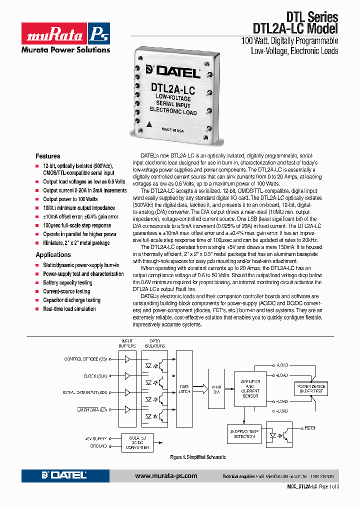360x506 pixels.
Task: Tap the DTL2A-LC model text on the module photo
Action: (x=172, y=89)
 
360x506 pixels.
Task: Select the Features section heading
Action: (x=47, y=156)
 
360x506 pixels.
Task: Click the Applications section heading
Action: (x=53, y=255)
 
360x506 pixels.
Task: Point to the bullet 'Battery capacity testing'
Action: (x=67, y=283)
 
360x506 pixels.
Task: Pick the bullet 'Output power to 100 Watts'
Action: (x=70, y=199)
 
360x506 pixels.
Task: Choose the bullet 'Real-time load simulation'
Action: (x=69, y=309)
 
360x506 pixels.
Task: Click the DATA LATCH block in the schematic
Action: (x=184, y=389)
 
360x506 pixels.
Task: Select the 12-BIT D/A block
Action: (x=216, y=389)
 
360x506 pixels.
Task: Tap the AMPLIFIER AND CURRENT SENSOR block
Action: (x=250, y=389)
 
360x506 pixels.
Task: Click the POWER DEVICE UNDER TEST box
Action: (x=311, y=389)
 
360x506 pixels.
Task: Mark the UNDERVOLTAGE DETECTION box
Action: (x=244, y=433)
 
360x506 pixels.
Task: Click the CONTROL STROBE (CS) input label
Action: (x=85, y=359)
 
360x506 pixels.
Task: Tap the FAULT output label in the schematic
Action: (x=308, y=428)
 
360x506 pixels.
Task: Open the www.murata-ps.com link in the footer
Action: (x=166, y=476)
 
